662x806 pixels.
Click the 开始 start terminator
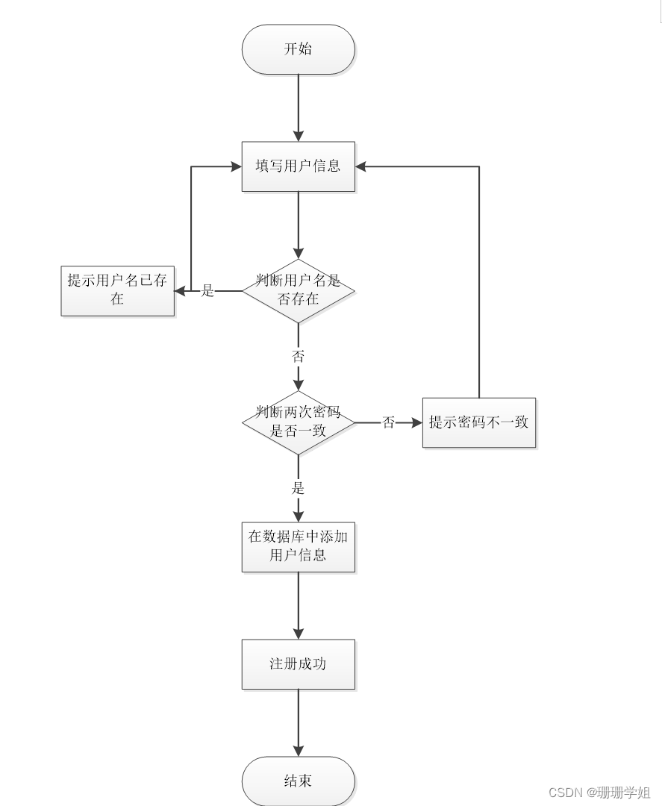pos(298,49)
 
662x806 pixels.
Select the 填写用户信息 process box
pos(298,166)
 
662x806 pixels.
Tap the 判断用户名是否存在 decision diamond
pos(298,290)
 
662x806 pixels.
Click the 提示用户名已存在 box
pos(117,290)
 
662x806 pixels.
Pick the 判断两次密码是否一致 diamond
pos(298,422)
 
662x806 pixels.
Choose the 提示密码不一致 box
pos(478,422)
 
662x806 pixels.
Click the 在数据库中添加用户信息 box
pos(298,546)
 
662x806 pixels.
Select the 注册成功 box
pos(298,663)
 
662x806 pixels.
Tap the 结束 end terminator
pos(298,781)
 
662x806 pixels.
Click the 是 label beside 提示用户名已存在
pos(208,291)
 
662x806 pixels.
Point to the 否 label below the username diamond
pos(298,357)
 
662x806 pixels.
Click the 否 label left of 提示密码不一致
pos(389,423)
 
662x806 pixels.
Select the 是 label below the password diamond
pos(298,489)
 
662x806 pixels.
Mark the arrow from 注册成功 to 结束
pos(298,722)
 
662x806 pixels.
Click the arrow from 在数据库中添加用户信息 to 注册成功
pos(298,605)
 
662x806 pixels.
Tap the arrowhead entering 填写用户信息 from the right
pos(361,166)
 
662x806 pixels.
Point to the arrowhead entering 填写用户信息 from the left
pos(236,166)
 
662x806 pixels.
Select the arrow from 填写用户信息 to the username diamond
pos(298,224)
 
